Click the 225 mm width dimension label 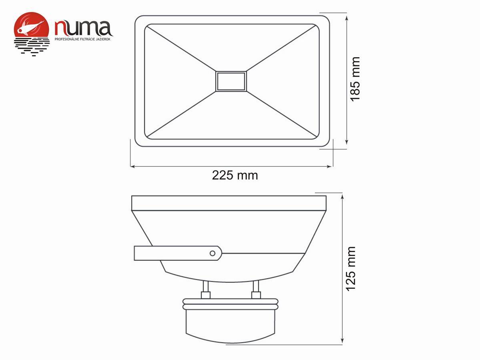[235, 175]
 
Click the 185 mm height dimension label [355, 79]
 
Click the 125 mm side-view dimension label [351, 269]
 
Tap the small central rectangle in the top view [231, 81]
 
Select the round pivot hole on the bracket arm [213, 253]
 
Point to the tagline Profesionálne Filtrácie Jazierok [82, 39]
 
